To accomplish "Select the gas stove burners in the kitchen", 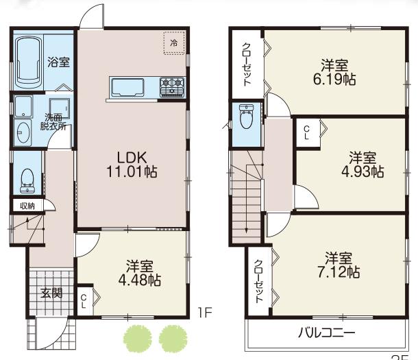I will coord(172,86).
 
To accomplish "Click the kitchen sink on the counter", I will coord(127,88).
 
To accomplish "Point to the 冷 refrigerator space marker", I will coord(173,43).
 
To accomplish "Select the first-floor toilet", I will coord(27,179).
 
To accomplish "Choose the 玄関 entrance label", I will coord(51,293).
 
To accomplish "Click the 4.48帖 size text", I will coord(143,280).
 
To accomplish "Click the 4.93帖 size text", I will coord(365,171).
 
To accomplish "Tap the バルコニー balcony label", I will coord(326,335).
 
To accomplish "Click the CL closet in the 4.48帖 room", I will coord(84,299).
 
